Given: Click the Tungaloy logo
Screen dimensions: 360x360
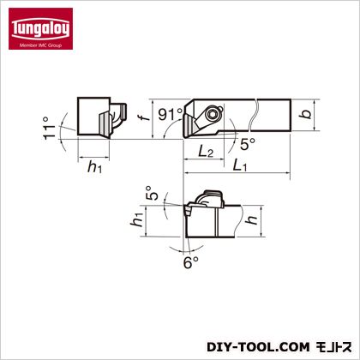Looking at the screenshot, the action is [x=40, y=28].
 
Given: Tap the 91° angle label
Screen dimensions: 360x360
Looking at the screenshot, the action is [x=171, y=115].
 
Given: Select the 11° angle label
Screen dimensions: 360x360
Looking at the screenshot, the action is [x=49, y=128].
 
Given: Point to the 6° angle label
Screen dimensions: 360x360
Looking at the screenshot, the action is [x=190, y=262].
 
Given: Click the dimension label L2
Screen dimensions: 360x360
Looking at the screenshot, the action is [x=206, y=151].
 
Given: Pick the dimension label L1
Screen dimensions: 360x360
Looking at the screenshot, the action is [x=239, y=165].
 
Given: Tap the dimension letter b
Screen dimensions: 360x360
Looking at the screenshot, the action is [x=306, y=114].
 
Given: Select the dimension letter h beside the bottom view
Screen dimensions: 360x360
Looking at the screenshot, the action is [x=252, y=219].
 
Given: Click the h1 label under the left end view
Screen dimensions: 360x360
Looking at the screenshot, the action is [x=94, y=167].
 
